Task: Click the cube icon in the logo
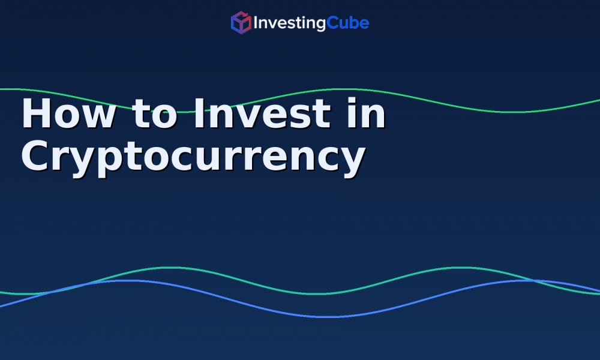click(241, 23)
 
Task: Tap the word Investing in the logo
click(289, 23)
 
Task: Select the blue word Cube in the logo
click(348, 23)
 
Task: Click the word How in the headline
click(69, 113)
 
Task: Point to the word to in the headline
click(155, 114)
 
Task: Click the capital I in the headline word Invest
click(199, 113)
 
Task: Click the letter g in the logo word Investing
click(320, 25)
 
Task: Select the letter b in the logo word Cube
click(352, 23)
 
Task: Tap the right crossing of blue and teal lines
click(536, 281)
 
